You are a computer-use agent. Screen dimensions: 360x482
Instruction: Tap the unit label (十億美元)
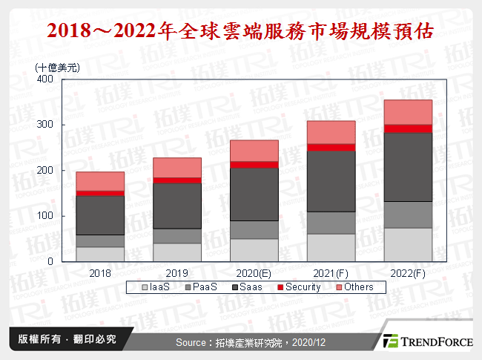[x=58, y=67]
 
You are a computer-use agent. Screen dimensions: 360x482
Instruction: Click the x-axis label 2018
[x=100, y=272]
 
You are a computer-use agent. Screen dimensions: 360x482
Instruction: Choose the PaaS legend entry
[x=204, y=287]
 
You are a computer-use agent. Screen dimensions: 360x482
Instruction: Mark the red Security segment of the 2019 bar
[x=176, y=180]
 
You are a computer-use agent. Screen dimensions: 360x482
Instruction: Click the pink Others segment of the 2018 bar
[x=100, y=181]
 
